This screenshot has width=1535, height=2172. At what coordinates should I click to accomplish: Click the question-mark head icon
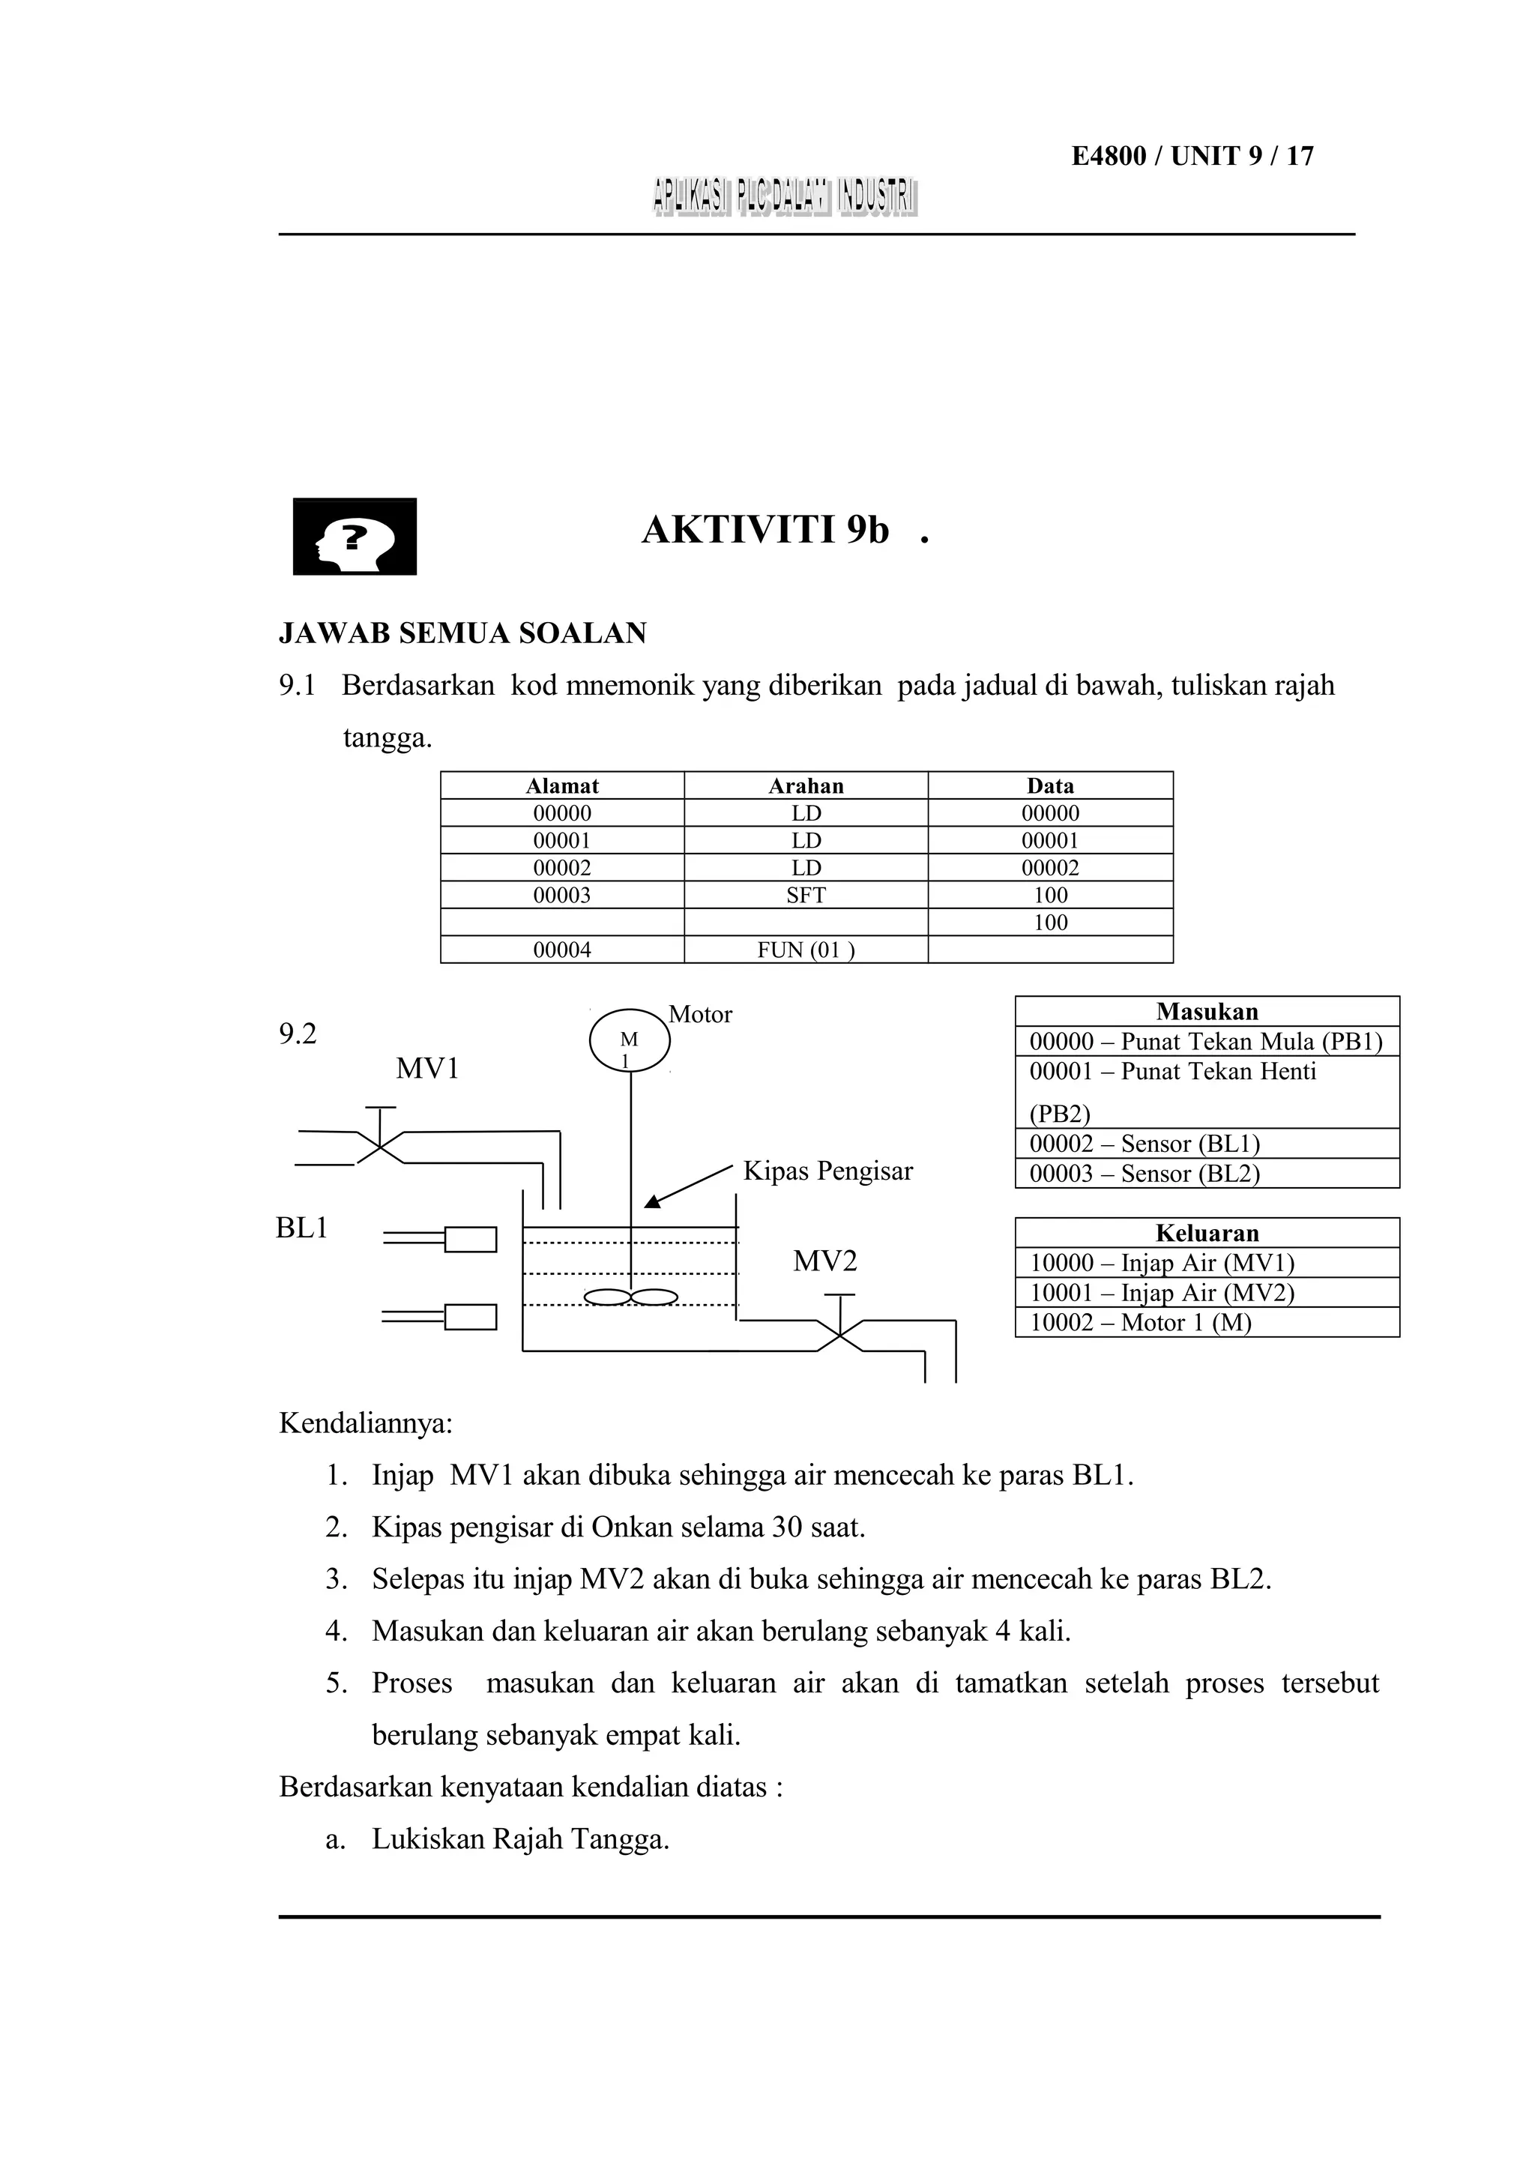[x=355, y=537]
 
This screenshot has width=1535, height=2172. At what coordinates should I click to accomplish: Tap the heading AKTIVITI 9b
[x=766, y=531]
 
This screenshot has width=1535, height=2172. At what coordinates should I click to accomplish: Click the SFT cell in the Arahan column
[x=806, y=895]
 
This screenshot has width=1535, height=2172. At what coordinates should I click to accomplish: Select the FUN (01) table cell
[x=806, y=950]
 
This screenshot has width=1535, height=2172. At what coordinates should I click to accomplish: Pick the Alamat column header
[x=562, y=786]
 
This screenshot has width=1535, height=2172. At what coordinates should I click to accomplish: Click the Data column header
[x=1050, y=786]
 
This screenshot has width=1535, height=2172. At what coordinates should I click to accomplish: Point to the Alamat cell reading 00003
[x=562, y=895]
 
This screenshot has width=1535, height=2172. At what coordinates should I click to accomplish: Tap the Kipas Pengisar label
[x=827, y=1171]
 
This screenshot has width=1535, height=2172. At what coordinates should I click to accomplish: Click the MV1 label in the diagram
[x=427, y=1069]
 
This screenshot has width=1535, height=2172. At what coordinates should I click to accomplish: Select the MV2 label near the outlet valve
[x=824, y=1261]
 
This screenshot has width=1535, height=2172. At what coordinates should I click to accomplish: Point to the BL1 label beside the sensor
[x=302, y=1228]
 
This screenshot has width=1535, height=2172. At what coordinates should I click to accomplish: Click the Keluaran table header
[x=1207, y=1234]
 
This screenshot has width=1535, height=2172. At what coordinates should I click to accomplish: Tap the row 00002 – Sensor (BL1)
[x=1145, y=1144]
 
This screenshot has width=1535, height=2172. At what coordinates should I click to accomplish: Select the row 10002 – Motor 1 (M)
[x=1141, y=1323]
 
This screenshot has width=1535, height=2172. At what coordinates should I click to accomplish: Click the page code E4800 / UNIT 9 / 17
[x=1192, y=156]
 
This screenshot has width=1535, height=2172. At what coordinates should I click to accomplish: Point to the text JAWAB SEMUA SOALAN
[x=462, y=633]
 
